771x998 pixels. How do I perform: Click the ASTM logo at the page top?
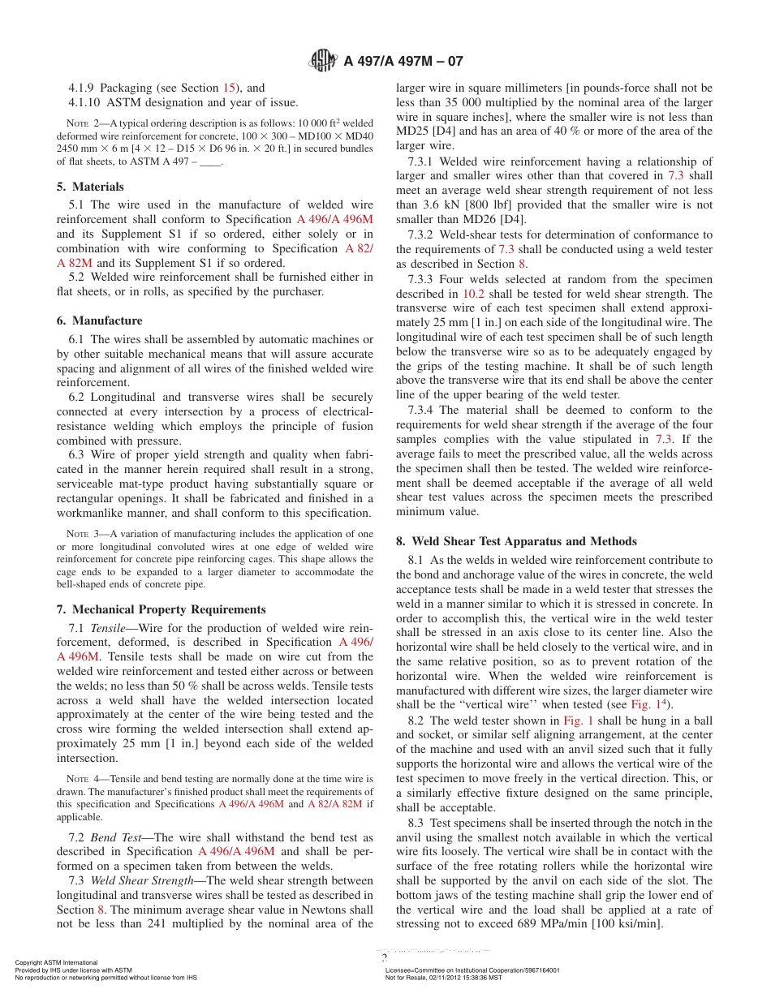[x=325, y=60]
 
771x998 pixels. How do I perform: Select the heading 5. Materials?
[x=90, y=187]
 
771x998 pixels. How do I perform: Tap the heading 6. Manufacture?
[x=99, y=320]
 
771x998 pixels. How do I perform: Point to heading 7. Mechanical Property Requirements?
[x=161, y=609]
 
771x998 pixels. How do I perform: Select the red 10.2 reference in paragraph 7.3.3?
[x=473, y=294]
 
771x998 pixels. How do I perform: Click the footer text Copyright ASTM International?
[x=56, y=963]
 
